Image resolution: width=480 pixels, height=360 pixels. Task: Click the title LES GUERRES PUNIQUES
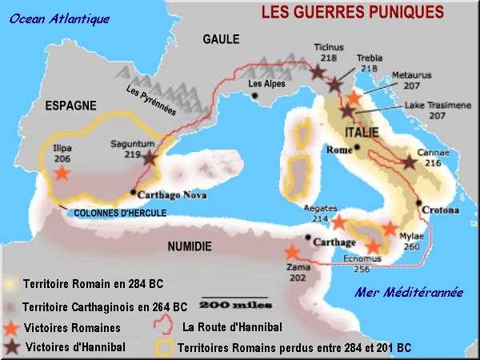point(352,13)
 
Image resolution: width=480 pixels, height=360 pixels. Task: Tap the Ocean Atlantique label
point(60,18)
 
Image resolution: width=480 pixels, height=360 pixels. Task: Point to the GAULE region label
point(221,39)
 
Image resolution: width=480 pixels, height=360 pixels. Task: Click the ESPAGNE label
point(70,106)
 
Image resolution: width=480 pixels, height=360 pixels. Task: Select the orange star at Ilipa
point(61,172)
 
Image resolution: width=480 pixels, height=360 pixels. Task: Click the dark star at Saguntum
point(150,158)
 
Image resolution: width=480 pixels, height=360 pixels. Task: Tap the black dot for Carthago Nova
point(132,192)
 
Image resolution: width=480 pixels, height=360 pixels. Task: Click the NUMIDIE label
point(190,246)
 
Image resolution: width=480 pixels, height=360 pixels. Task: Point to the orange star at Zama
point(293,252)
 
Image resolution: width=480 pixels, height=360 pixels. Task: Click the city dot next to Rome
point(358,146)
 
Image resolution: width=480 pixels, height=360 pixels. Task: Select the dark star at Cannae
point(409,162)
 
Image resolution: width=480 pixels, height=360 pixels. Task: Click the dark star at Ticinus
point(318,72)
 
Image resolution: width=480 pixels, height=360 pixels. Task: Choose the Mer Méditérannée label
point(408,293)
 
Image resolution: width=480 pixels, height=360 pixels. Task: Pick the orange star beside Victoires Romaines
point(11,328)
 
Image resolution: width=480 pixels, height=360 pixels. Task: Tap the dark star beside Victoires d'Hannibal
point(11,346)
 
